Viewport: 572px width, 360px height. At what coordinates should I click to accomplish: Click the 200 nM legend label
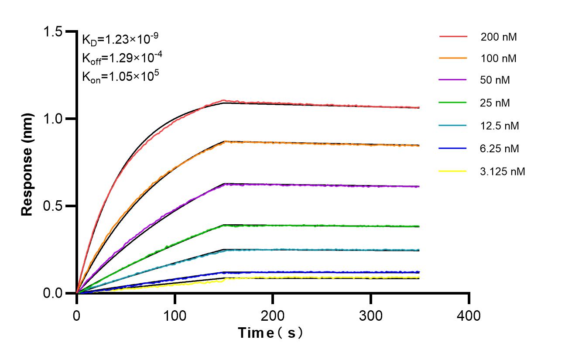pos(498,37)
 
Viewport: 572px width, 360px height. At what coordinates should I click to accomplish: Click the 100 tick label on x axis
pos(175,315)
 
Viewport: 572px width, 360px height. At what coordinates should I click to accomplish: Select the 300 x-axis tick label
pos(371,315)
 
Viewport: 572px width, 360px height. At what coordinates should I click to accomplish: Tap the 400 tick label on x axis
pos(469,315)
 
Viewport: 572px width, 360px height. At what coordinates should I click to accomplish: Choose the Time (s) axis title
pos(271,333)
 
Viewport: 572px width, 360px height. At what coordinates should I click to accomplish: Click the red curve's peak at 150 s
pos(223,101)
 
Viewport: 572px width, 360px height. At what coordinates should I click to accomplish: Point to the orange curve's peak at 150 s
pos(224,141)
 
